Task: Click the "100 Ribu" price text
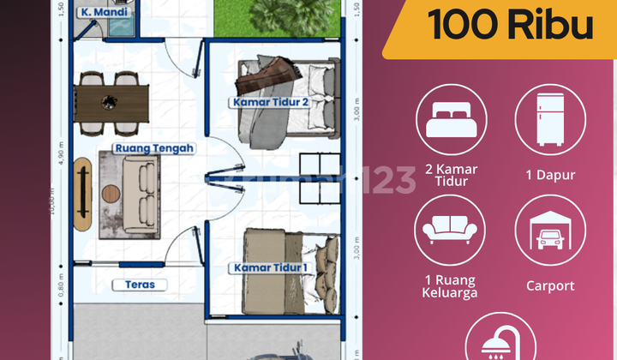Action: pyautogui.click(x=511, y=26)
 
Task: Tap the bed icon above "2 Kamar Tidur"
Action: pyautogui.click(x=451, y=119)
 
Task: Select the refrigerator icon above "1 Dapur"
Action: pyautogui.click(x=549, y=119)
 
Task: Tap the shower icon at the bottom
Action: pyautogui.click(x=500, y=343)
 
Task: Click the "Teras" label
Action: pyautogui.click(x=138, y=285)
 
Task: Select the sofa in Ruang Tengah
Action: pyautogui.click(x=128, y=191)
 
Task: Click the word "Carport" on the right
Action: pyautogui.click(x=549, y=286)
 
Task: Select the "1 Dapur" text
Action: pyautogui.click(x=549, y=175)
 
